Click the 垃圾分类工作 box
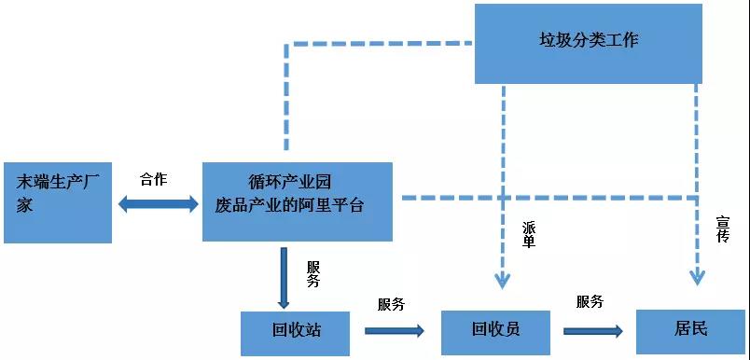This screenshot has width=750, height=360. pyautogui.click(x=589, y=43)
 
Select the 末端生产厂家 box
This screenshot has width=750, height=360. pyautogui.click(x=58, y=202)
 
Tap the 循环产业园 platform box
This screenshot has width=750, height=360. pyautogui.click(x=297, y=201)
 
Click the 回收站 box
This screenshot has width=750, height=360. pyautogui.click(x=295, y=331)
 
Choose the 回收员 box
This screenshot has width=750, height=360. pyautogui.click(x=495, y=330)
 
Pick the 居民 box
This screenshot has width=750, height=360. pyautogui.click(x=690, y=329)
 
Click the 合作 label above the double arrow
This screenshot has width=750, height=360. pyautogui.click(x=153, y=179)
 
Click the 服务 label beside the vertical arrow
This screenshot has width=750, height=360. pyautogui.click(x=313, y=272)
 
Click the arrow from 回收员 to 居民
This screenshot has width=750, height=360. pyautogui.click(x=592, y=330)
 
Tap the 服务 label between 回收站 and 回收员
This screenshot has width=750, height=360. pyautogui.click(x=391, y=304)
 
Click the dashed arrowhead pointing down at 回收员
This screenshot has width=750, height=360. pyautogui.click(x=503, y=278)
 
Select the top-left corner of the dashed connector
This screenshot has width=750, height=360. pyautogui.click(x=285, y=44)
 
